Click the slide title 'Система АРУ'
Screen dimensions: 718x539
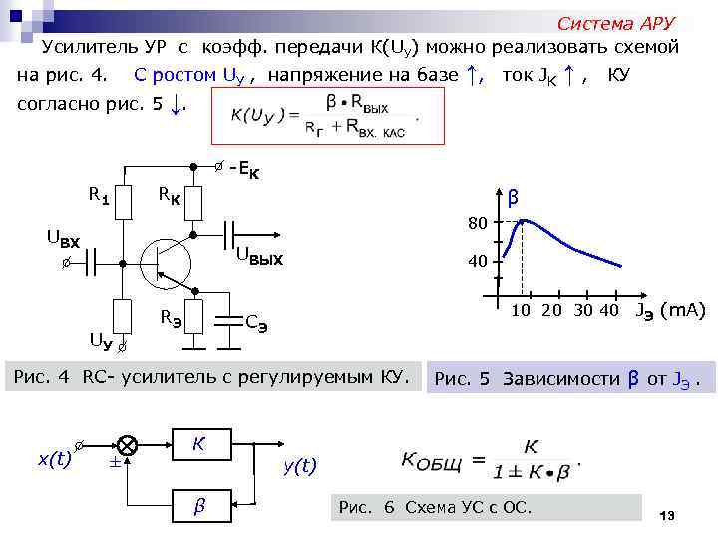tap(615, 23)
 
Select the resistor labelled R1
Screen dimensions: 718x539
tap(124, 203)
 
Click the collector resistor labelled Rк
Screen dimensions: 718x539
tap(194, 203)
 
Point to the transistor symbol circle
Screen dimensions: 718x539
tap(166, 263)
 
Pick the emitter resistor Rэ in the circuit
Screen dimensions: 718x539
tap(194, 318)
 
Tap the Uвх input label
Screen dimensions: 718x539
tap(63, 238)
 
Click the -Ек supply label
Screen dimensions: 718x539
tap(245, 170)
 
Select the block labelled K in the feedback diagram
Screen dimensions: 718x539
tap(198, 442)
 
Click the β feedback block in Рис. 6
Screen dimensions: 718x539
tap(198, 506)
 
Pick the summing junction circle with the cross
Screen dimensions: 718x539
tap(128, 444)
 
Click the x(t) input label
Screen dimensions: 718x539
tap(54, 459)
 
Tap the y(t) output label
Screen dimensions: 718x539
tap(299, 465)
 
